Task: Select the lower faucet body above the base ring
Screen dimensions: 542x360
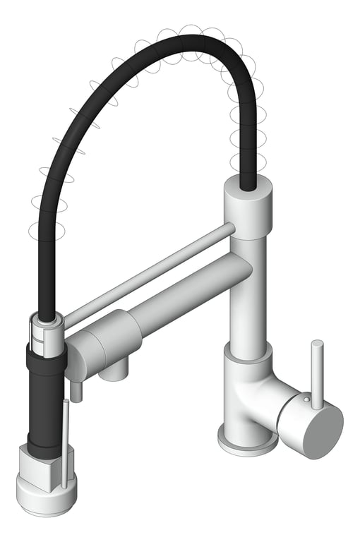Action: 244,395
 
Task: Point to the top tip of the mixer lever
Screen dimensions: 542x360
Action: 318,345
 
